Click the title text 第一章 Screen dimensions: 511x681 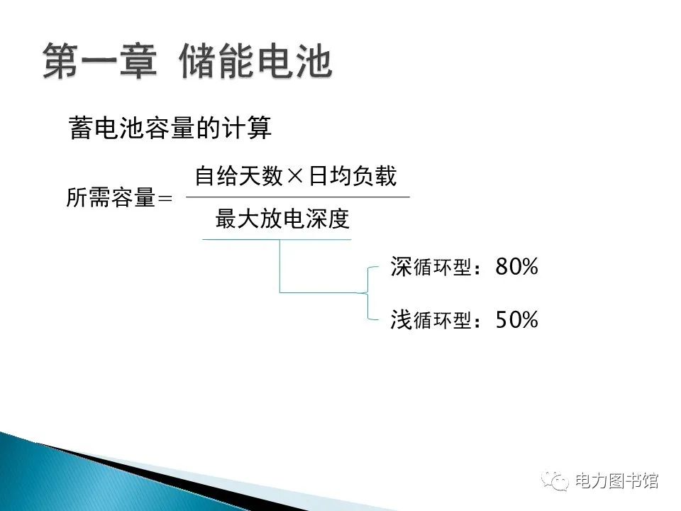[x=99, y=61]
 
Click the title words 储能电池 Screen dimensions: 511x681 [x=256, y=61]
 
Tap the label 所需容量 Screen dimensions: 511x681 [x=110, y=198]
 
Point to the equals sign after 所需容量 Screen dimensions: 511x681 [x=164, y=199]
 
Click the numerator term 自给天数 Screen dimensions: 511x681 [x=238, y=176]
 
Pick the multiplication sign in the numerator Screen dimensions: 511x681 [x=297, y=176]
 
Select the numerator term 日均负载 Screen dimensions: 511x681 [x=353, y=176]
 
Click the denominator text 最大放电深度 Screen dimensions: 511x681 [x=282, y=219]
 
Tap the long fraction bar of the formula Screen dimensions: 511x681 [x=297, y=197]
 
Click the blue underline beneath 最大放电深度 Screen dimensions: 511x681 [x=277, y=240]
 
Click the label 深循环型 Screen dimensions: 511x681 [x=430, y=268]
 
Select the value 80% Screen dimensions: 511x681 [x=517, y=268]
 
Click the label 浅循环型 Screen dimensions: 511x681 [x=430, y=321]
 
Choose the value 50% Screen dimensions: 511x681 [x=517, y=320]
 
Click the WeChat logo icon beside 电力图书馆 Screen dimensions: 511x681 [x=555, y=480]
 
